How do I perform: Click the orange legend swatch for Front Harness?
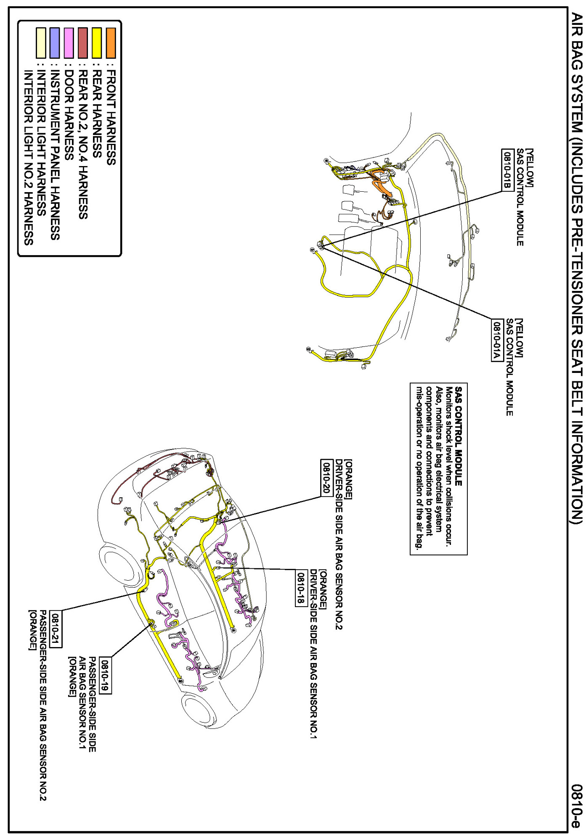pyautogui.click(x=111, y=42)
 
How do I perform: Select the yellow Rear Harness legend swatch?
pyautogui.click(x=97, y=42)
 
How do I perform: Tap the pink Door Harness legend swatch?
pyautogui.click(x=69, y=42)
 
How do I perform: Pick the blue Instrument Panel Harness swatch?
pyautogui.click(x=55, y=42)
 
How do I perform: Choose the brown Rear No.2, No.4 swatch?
pyautogui.click(x=83, y=42)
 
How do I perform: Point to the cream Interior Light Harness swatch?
pyautogui.click(x=41, y=42)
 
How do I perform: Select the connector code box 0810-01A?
pyautogui.click(x=497, y=340)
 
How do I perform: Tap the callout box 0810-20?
pyautogui.click(x=326, y=478)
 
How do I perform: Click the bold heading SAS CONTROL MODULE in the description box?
pyautogui.click(x=459, y=436)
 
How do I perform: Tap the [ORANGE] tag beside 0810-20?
pyautogui.click(x=349, y=479)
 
